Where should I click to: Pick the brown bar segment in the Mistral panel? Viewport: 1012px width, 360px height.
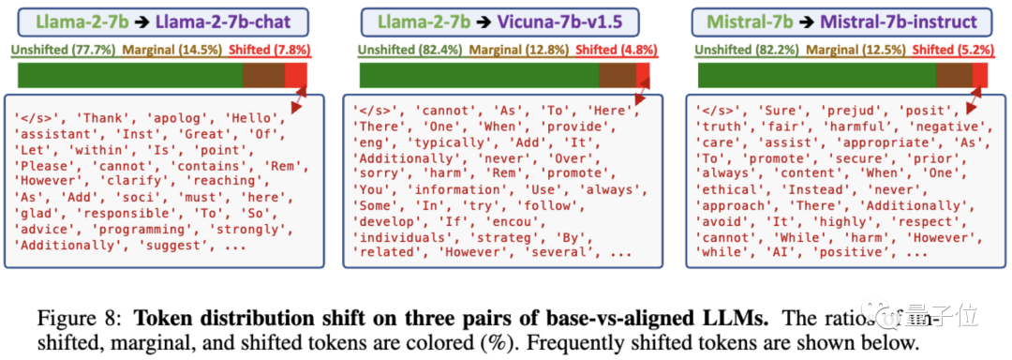point(954,75)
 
